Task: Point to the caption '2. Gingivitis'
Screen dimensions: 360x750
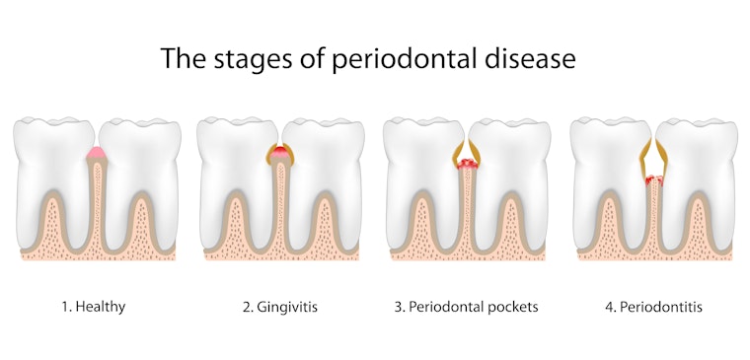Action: click(x=279, y=307)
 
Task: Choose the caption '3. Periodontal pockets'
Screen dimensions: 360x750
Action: click(x=466, y=307)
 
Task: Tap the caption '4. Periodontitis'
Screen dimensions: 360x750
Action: click(x=653, y=307)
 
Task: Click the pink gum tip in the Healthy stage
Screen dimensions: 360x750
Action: click(x=96, y=152)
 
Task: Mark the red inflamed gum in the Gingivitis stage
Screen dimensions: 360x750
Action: click(x=281, y=152)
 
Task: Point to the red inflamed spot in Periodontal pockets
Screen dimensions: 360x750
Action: click(x=467, y=165)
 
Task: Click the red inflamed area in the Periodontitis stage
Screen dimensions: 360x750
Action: click(x=652, y=180)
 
